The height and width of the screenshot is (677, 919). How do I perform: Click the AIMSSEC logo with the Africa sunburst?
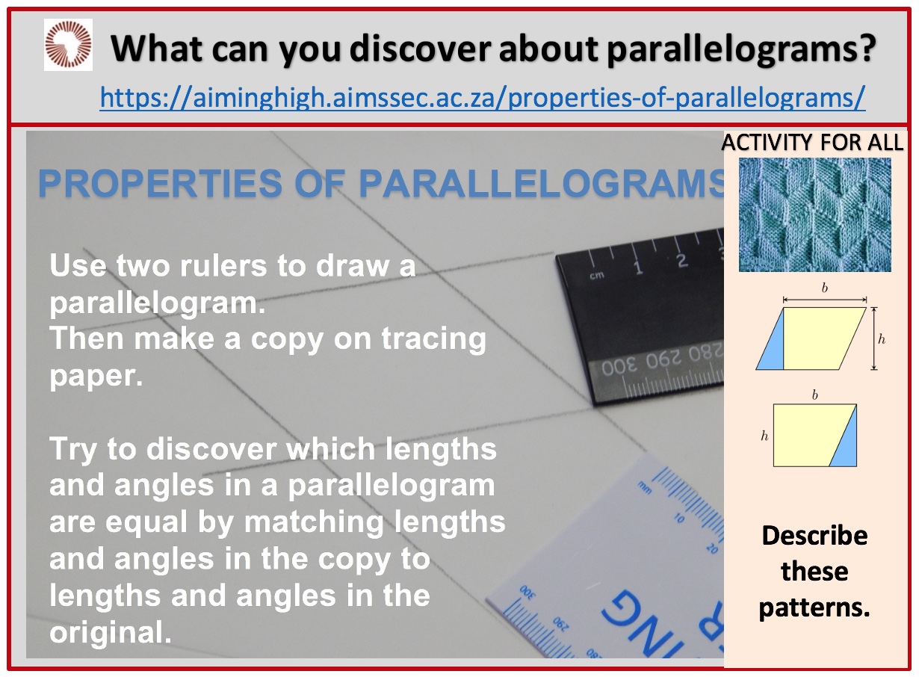point(68,44)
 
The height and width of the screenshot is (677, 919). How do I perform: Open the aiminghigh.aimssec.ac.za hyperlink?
point(483,98)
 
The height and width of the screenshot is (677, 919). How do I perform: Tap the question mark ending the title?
point(867,48)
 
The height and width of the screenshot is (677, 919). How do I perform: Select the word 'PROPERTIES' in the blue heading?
point(160,183)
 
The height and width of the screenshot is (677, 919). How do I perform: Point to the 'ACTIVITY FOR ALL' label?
point(812,143)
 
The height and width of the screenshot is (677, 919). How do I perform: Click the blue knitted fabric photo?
point(815,214)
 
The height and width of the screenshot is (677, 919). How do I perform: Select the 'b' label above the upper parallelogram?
point(825,288)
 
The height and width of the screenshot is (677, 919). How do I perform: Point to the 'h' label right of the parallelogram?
point(882,339)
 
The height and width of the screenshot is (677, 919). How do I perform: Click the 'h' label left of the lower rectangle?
point(764,436)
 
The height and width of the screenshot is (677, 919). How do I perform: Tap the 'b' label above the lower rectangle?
point(815,395)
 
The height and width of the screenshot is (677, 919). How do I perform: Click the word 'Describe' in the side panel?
point(815,536)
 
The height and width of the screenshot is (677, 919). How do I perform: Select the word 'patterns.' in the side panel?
point(814,608)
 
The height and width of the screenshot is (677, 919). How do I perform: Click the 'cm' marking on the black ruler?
point(597,275)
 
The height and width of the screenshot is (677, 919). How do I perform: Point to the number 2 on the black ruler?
point(682,261)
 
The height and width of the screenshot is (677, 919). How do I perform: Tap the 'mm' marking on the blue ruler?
point(645,488)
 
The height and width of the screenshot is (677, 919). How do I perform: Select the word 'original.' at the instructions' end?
point(111,632)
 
